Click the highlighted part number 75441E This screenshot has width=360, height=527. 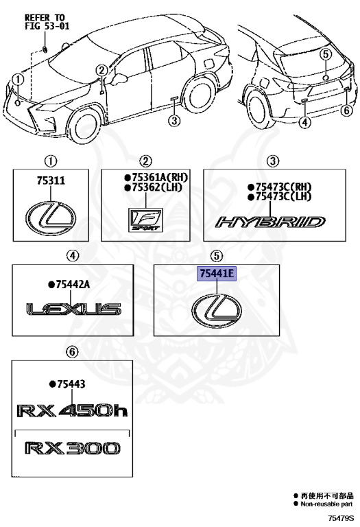click(x=217, y=274)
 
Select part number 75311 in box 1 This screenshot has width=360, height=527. click(x=51, y=181)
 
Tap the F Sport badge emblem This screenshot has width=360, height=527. click(x=146, y=220)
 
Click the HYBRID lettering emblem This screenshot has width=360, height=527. click(x=271, y=222)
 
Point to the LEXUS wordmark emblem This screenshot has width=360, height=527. click(x=73, y=309)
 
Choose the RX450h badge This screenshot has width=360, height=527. click(x=72, y=410)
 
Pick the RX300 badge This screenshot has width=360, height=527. click(x=72, y=448)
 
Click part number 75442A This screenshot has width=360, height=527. click(x=69, y=285)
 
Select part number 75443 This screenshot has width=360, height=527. click(x=67, y=384)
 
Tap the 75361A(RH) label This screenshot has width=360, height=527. click(x=156, y=178)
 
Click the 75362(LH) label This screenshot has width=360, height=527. click(x=153, y=187)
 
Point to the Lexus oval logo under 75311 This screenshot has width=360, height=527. click(x=51, y=218)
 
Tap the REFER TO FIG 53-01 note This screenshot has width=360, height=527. click(x=47, y=21)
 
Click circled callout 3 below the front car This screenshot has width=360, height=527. click(x=174, y=120)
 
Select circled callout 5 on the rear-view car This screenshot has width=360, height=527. click(x=325, y=54)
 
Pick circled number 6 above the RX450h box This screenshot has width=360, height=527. click(x=72, y=352)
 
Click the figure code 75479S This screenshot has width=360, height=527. click(x=341, y=518)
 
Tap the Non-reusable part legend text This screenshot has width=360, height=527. click(x=327, y=504)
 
